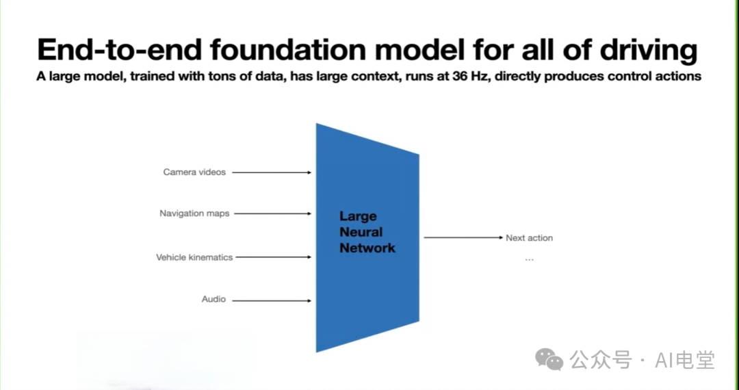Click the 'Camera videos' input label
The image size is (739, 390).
coord(194,172)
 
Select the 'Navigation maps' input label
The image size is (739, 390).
coord(194,213)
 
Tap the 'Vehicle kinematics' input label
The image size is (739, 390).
coord(194,258)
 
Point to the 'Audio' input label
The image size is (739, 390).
coord(213,300)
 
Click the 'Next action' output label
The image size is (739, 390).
coord(529,238)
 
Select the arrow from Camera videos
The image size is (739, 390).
coord(272,172)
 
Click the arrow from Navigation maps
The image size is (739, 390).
coord(273,213)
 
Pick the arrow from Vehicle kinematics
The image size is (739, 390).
coord(274,258)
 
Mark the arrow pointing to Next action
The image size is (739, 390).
coord(463,237)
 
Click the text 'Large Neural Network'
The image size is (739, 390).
coord(367,233)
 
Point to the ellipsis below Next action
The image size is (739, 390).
coord(529,260)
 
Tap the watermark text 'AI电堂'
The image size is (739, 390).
coord(684,359)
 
